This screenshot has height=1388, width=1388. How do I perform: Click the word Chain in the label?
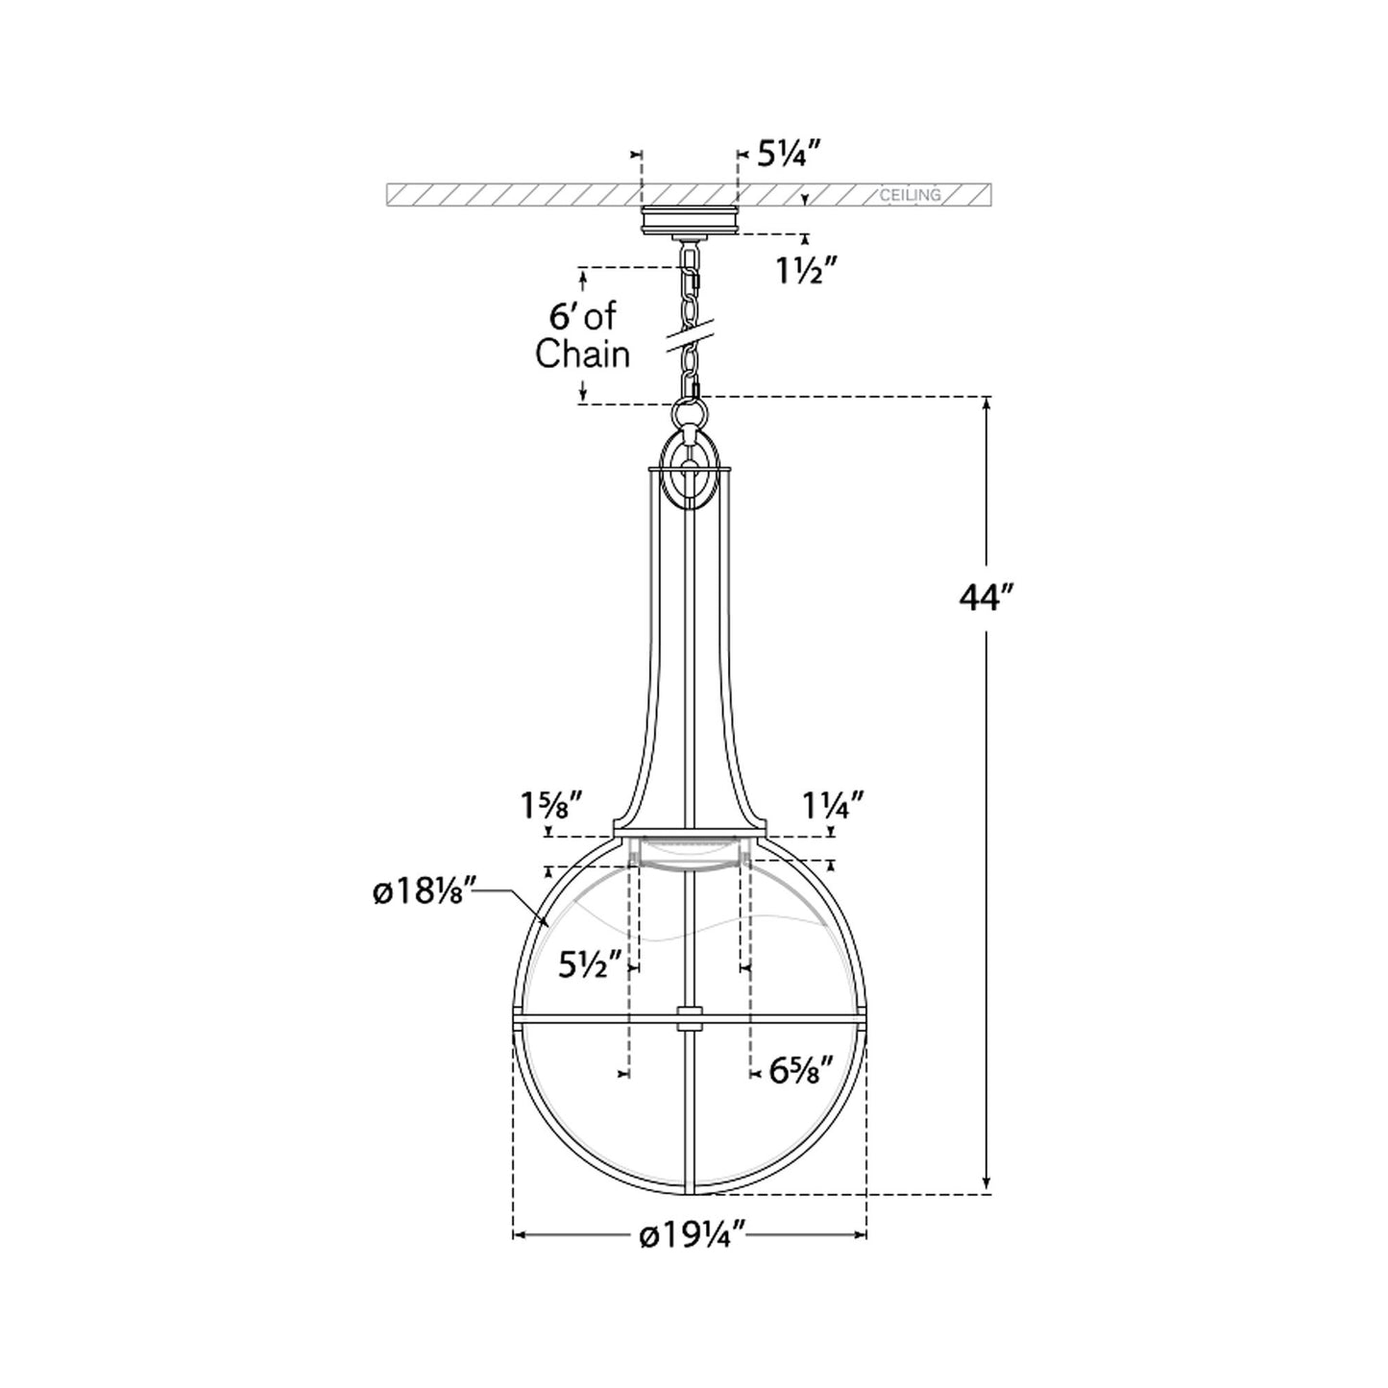[582, 354]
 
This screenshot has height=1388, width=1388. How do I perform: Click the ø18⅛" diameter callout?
[424, 892]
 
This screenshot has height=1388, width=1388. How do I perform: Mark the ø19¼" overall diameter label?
[693, 1235]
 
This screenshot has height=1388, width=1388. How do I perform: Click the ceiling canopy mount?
[690, 219]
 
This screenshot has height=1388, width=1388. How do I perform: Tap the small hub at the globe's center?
[689, 1018]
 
